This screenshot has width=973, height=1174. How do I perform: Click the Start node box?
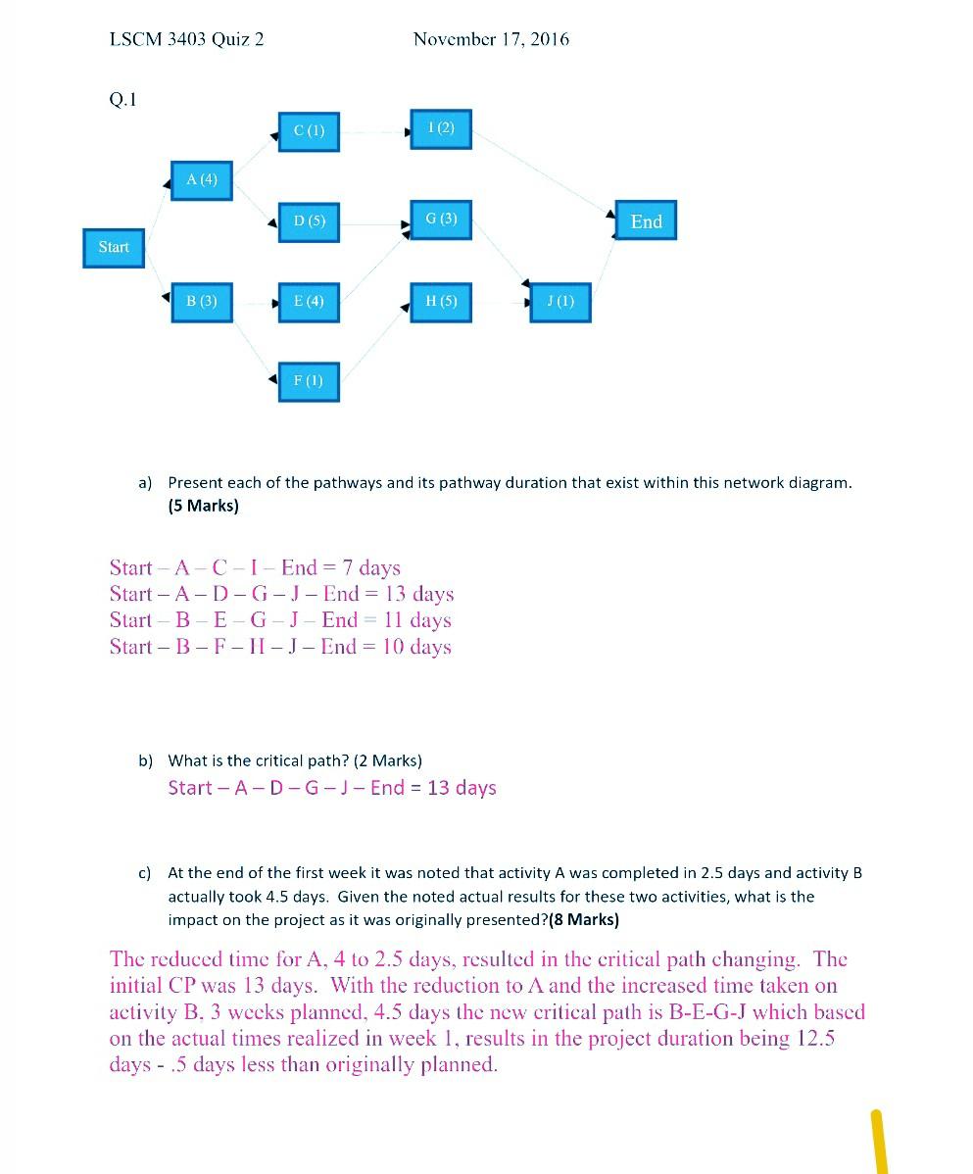pyautogui.click(x=114, y=247)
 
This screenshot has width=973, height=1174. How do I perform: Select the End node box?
pyautogui.click(x=646, y=221)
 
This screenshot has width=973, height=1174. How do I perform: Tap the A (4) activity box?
pyautogui.click(x=202, y=180)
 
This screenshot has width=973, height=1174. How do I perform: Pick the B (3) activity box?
pyautogui.click(x=202, y=301)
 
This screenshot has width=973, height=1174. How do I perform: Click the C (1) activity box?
pyautogui.click(x=309, y=131)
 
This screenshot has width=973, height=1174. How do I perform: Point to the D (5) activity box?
pyautogui.click(x=309, y=221)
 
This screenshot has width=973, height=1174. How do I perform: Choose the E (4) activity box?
pyautogui.click(x=309, y=301)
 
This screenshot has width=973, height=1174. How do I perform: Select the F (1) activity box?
pyautogui.click(x=309, y=380)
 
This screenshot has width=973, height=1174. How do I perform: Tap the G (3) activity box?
pyautogui.click(x=441, y=220)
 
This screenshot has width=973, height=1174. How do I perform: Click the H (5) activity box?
pyautogui.click(x=441, y=301)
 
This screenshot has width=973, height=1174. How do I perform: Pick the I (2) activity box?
pyautogui.click(x=441, y=128)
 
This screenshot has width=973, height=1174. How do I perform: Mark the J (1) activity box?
pyautogui.click(x=560, y=302)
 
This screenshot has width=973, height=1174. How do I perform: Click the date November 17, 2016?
pyautogui.click(x=491, y=39)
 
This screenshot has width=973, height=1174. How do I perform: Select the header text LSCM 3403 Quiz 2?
pyautogui.click(x=186, y=39)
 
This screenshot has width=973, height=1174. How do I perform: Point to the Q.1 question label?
pyautogui.click(x=122, y=99)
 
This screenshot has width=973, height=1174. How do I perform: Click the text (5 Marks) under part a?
pyautogui.click(x=203, y=506)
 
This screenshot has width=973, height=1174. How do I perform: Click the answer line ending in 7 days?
pyautogui.click(x=255, y=567)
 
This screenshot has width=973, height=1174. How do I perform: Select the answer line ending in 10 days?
pyautogui.click(x=280, y=647)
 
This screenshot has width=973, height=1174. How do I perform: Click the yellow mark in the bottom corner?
pyautogui.click(x=879, y=1141)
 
